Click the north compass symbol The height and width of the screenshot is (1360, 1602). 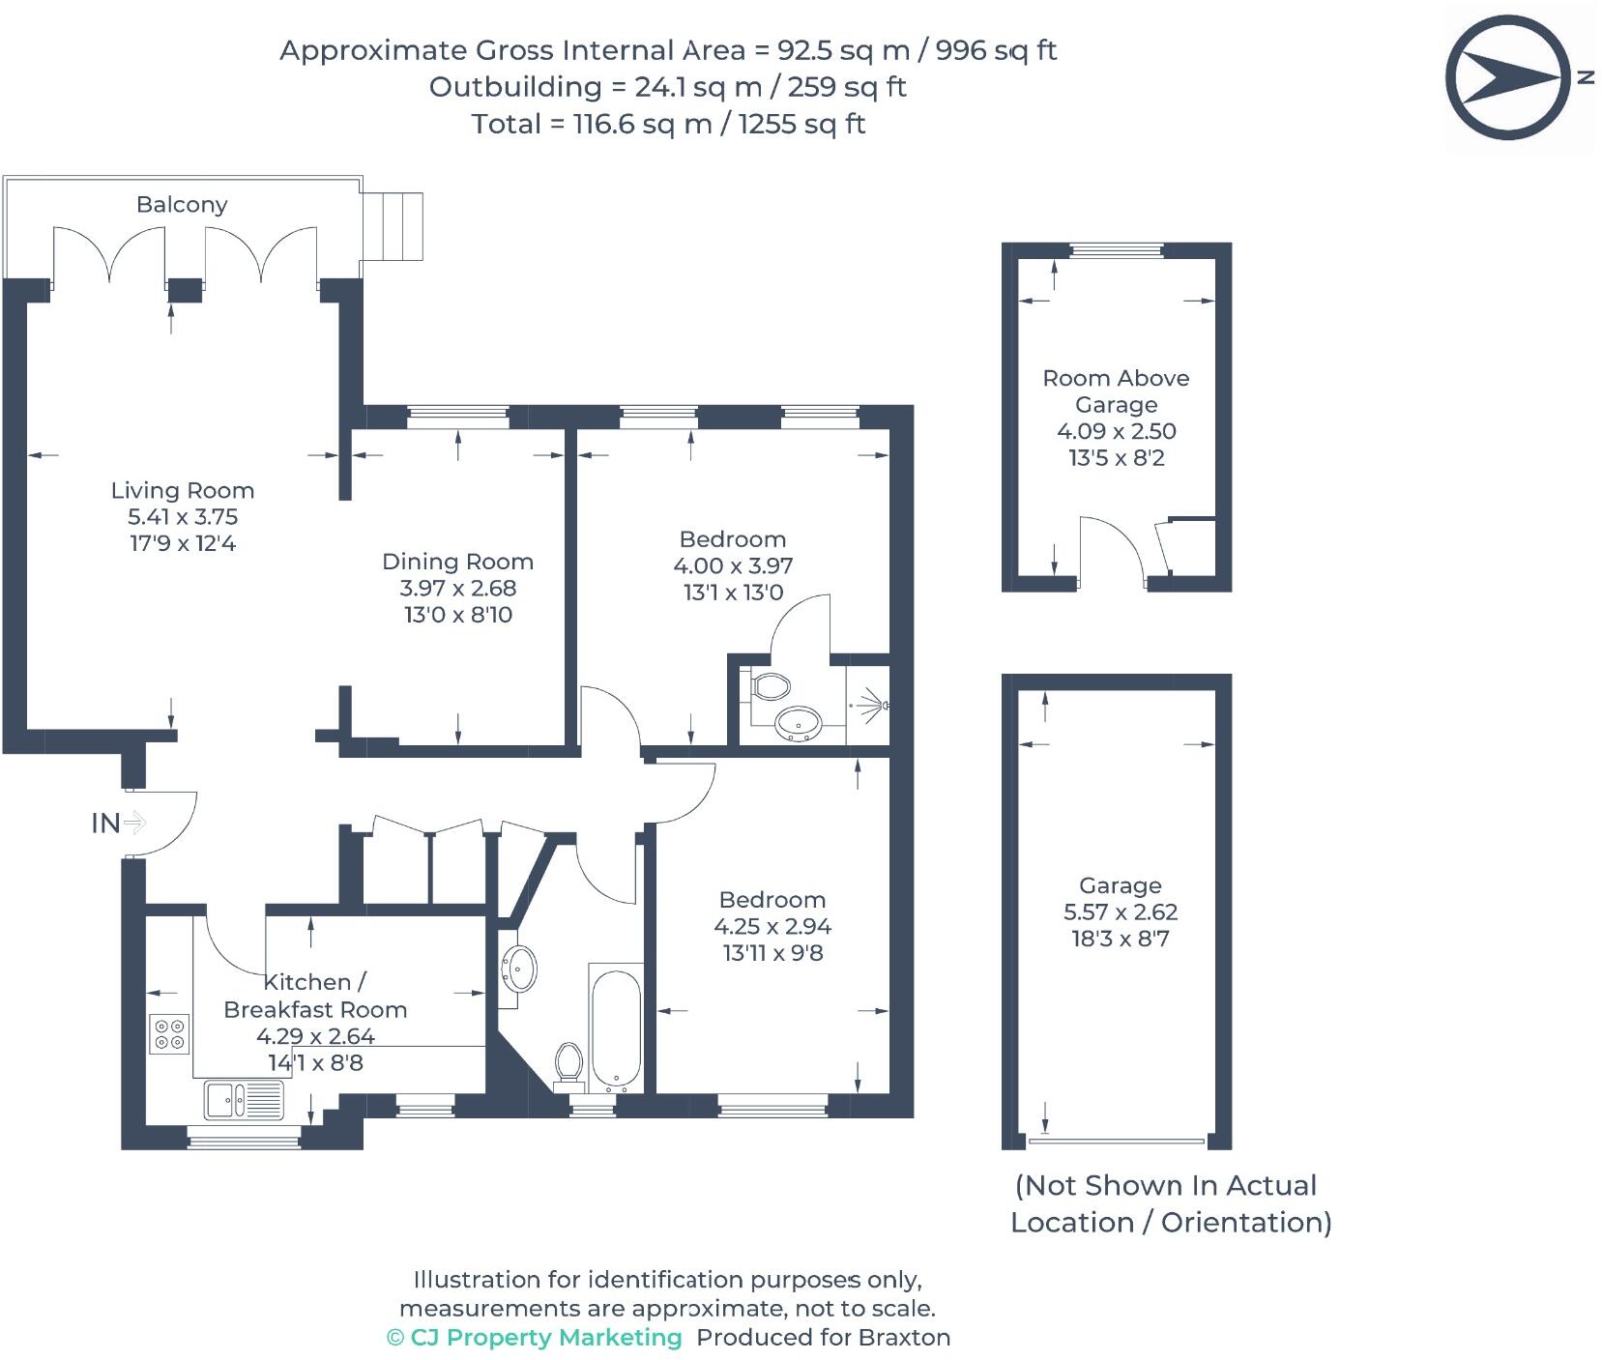coord(1507,76)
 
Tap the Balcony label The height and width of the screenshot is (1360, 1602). coord(182,205)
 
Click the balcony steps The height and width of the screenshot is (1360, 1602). coord(393,225)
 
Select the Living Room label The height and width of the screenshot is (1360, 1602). coord(182,490)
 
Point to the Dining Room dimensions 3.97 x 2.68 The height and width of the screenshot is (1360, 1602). coord(457,588)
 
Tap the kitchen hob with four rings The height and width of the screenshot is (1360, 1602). coord(169,1033)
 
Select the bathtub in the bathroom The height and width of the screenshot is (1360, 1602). coord(615,1028)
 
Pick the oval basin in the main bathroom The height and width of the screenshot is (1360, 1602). coord(520,967)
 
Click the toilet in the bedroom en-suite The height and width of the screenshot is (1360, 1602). coord(771,686)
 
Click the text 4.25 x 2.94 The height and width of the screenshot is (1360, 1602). coord(772,926)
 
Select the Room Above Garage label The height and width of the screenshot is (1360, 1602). coord(1116,391)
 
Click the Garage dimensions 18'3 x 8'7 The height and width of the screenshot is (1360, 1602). coord(1120,939)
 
